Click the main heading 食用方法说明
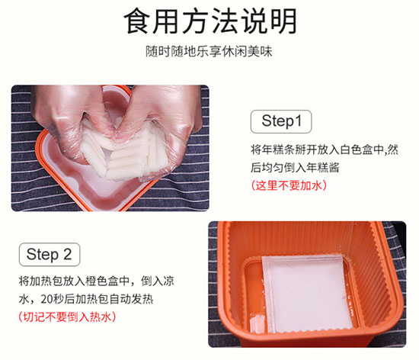[x=209, y=22]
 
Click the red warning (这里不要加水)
[x=286, y=185]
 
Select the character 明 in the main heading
[x=281, y=22]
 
